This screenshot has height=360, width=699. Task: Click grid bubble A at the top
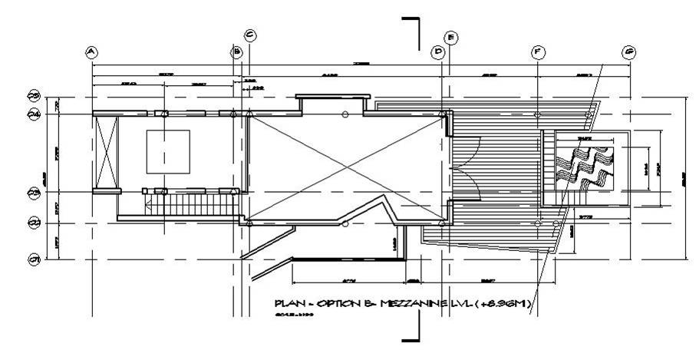pyautogui.click(x=91, y=52)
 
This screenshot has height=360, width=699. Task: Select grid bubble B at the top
pyautogui.click(x=237, y=52)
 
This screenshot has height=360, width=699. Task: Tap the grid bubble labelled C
pyautogui.click(x=249, y=35)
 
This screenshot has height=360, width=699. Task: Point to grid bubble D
pyautogui.click(x=438, y=52)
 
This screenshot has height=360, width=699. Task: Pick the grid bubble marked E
pyautogui.click(x=451, y=37)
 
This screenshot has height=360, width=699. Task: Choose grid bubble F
pyautogui.click(x=538, y=52)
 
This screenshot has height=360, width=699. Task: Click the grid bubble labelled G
pyautogui.click(x=629, y=52)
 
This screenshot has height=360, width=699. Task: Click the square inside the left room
pyautogui.click(x=168, y=151)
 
